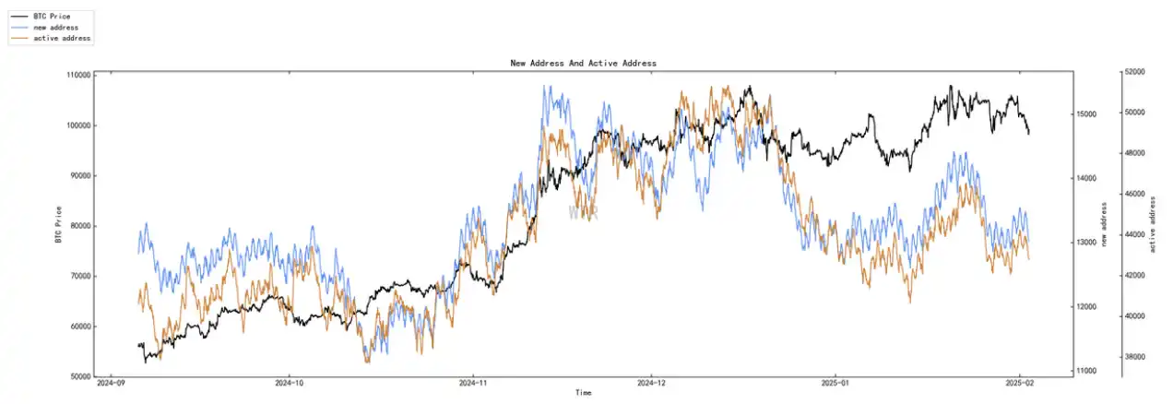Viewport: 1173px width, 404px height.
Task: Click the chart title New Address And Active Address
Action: (x=583, y=63)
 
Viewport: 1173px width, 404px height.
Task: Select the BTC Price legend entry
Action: (x=52, y=17)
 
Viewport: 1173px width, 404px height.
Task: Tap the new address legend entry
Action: (x=55, y=28)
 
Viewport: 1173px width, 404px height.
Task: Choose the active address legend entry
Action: (x=62, y=39)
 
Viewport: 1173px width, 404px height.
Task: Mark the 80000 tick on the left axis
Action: (x=78, y=226)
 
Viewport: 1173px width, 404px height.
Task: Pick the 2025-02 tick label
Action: (x=1018, y=383)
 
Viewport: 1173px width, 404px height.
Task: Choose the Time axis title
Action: (x=583, y=393)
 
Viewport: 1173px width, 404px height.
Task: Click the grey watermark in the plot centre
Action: (x=583, y=213)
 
